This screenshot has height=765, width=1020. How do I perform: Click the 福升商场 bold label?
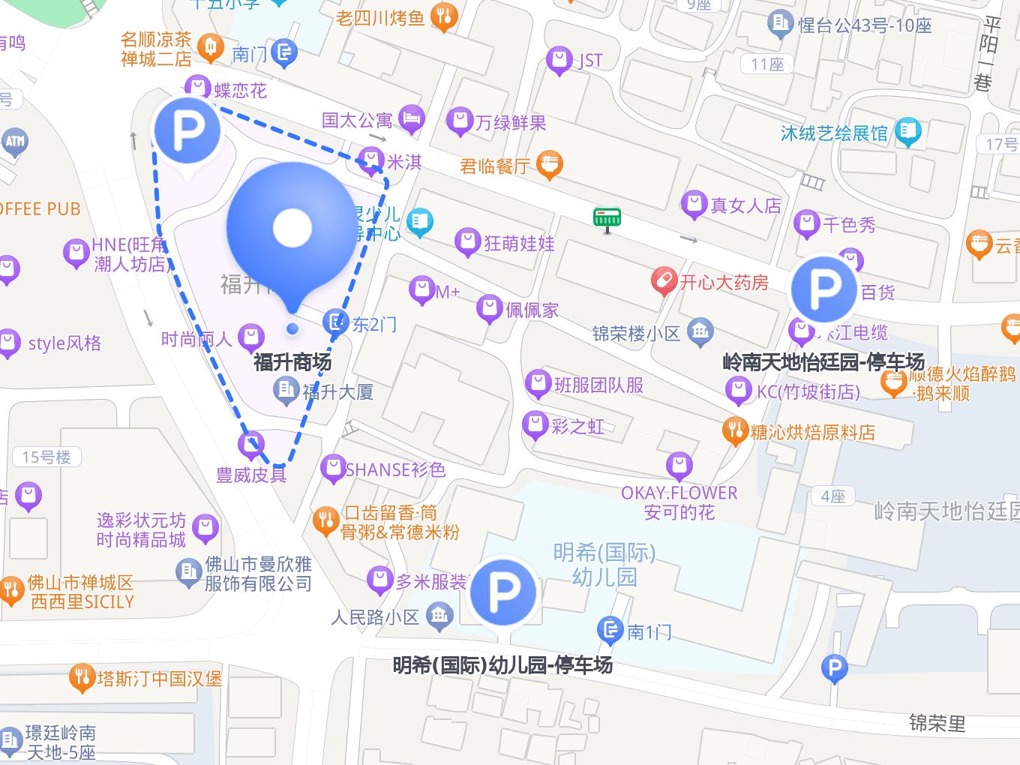pos(292,362)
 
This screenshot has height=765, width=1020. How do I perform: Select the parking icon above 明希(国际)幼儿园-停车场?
pos(503,592)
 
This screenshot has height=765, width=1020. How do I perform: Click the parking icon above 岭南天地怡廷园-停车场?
pos(823,289)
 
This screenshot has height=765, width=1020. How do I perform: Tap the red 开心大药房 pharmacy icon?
pos(662,281)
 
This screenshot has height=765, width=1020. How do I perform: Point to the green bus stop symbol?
pos(607,217)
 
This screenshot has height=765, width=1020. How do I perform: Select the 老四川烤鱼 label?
pos(380,17)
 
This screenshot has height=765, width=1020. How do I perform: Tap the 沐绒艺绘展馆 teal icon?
pos(907,132)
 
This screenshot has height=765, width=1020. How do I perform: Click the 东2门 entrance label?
pos(374,324)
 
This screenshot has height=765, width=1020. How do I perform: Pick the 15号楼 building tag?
pos(46,457)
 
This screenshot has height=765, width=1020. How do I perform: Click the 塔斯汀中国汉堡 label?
pos(159,679)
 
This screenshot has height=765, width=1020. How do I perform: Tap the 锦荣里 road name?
pos(937,723)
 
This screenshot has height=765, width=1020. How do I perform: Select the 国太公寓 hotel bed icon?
pos(412,118)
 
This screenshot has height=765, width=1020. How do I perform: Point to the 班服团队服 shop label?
pos(598,385)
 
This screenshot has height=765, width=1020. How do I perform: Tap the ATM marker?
pos(14,141)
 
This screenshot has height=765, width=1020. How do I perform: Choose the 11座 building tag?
pos(767,64)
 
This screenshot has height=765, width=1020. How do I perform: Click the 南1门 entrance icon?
pos(610,629)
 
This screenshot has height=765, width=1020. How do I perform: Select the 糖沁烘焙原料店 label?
pos(812,432)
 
